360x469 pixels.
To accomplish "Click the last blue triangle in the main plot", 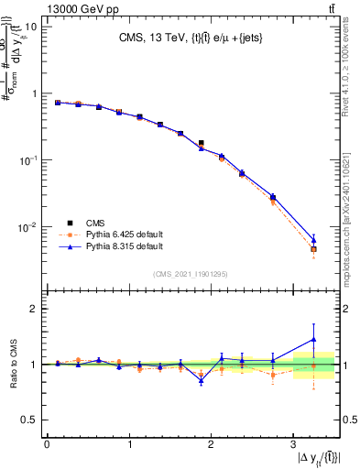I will pyautogui.click(x=313, y=240).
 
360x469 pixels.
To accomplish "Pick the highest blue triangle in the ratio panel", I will pyautogui.click(x=313, y=339).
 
